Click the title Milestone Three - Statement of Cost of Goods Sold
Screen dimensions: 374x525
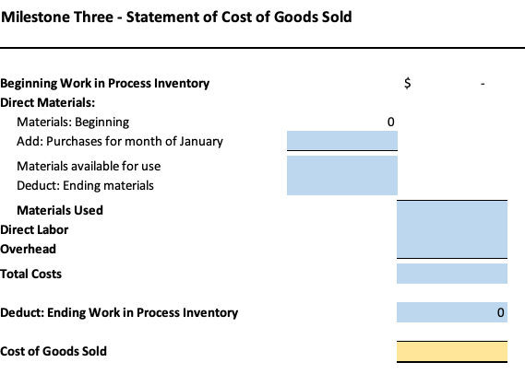177,18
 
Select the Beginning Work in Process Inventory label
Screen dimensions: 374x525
105,83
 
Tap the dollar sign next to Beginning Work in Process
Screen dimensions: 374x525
408,83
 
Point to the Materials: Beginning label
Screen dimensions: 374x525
73,122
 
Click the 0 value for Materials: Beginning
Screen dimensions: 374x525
390,122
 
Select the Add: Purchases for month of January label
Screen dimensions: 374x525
120,141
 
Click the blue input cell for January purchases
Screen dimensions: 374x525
342,141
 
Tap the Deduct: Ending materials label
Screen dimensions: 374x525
85,185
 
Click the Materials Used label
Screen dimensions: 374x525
60,210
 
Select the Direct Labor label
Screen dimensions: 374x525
34,229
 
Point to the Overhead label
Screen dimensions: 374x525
29,249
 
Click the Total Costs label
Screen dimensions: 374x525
31,274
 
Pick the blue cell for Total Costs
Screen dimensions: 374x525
451,274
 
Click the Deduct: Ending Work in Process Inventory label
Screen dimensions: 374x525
119,312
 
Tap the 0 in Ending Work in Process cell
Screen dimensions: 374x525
500,313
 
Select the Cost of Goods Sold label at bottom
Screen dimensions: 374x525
54,351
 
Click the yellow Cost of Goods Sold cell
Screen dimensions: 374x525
451,351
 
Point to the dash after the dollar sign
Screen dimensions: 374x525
482,84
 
